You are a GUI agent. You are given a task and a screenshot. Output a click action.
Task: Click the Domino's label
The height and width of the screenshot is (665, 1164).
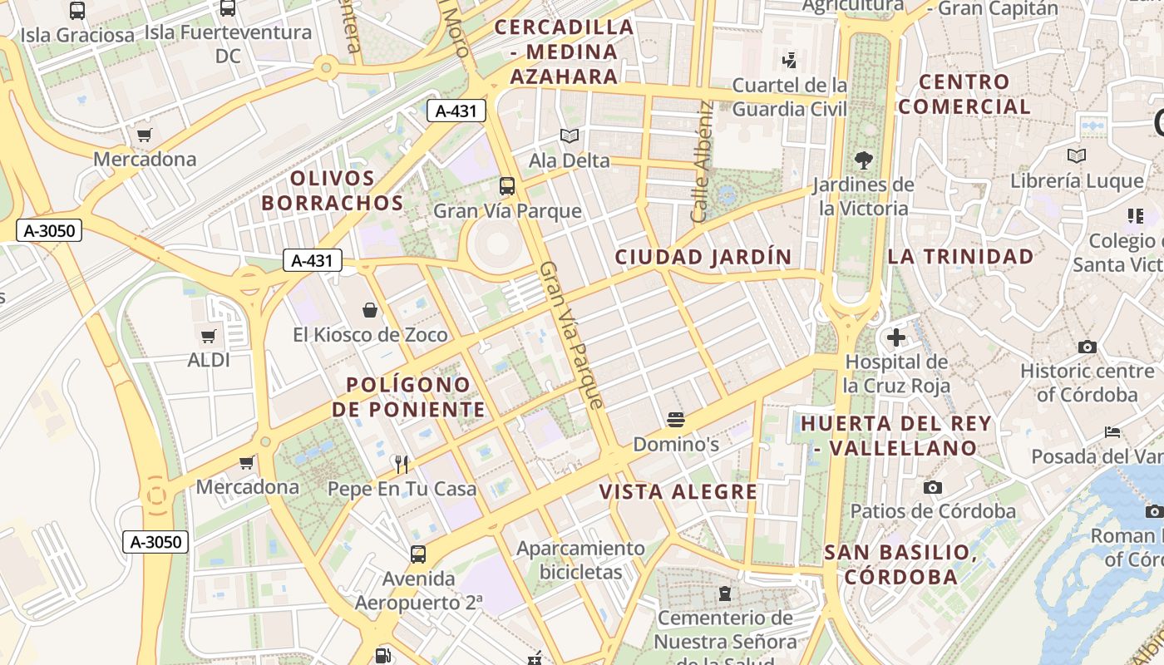coord(675,445)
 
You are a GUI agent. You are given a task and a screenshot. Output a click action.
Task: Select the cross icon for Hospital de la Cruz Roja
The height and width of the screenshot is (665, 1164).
coord(895,337)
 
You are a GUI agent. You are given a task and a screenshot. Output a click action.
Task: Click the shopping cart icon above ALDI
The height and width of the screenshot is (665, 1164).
coord(208,336)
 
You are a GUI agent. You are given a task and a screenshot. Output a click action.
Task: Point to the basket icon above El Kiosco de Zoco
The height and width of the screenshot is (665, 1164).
coord(370,310)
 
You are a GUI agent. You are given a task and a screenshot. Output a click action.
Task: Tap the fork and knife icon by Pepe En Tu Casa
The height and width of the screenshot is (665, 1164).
coord(402,463)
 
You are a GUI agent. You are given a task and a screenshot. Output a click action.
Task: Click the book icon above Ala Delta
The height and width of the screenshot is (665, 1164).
coord(570,135)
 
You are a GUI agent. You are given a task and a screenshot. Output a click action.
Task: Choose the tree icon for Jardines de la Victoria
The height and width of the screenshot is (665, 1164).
coord(864,160)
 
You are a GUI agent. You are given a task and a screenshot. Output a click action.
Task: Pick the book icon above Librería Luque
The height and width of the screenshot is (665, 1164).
coord(1077,155)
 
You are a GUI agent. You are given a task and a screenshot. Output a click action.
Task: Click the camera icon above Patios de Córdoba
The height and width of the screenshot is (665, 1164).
coord(933,487)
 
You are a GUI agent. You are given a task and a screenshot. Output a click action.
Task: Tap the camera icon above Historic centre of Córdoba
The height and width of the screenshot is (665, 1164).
coord(1087,347)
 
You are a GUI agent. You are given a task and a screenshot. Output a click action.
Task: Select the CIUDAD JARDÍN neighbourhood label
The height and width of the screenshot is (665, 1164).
coord(703,257)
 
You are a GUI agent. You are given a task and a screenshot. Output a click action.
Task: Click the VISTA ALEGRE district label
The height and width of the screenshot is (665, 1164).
coord(678,492)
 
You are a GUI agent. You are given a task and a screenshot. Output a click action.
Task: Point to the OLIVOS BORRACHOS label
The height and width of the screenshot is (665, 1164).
coord(332,190)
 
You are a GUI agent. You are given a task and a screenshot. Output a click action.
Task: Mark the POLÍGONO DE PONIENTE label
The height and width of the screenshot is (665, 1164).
coord(408,397)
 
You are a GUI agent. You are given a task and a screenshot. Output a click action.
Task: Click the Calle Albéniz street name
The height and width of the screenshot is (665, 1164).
coord(703,161)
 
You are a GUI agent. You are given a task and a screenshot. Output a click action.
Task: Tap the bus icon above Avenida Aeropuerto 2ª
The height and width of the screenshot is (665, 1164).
coord(418,554)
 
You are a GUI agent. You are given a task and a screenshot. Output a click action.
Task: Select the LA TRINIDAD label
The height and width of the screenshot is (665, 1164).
coord(960,256)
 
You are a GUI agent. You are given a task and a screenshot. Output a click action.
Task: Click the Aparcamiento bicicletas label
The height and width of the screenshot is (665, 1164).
coord(580,560)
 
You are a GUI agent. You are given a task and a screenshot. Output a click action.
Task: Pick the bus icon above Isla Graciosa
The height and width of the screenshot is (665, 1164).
coord(77,11)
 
